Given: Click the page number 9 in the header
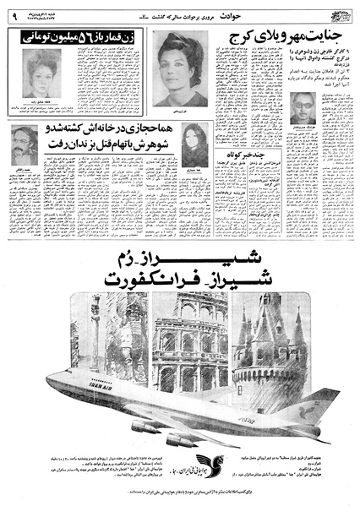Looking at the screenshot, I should pyautogui.click(x=14, y=13).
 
